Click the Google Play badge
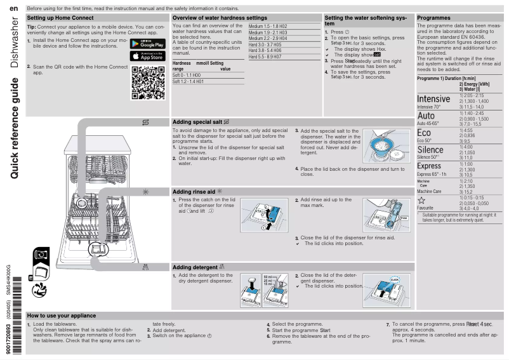click(x=147, y=44)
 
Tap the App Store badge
click(x=147, y=57)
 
